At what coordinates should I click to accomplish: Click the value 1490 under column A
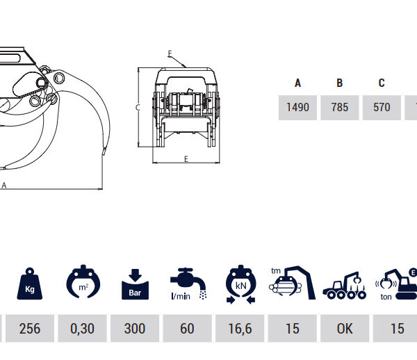click(297, 108)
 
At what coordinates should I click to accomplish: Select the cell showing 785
click(340, 108)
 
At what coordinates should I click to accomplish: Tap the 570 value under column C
click(382, 108)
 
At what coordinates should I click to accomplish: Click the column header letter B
click(340, 83)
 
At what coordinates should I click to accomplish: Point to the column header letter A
click(298, 83)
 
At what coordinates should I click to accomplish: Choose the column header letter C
click(382, 83)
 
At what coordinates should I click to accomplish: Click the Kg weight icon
click(29, 284)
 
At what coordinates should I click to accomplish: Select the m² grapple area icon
click(83, 282)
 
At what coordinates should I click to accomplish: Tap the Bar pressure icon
click(135, 284)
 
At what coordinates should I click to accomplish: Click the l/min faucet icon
click(188, 284)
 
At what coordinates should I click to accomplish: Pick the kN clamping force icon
click(240, 284)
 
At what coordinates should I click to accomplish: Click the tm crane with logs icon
click(292, 283)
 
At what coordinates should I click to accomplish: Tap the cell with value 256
click(30, 328)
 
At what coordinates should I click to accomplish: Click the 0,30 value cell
click(82, 328)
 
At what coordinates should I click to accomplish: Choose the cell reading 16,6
click(240, 328)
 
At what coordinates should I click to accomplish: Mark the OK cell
click(345, 328)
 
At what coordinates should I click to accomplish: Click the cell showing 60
click(187, 328)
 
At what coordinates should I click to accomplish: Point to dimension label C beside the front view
click(138, 108)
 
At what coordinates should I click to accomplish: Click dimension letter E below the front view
click(186, 159)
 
